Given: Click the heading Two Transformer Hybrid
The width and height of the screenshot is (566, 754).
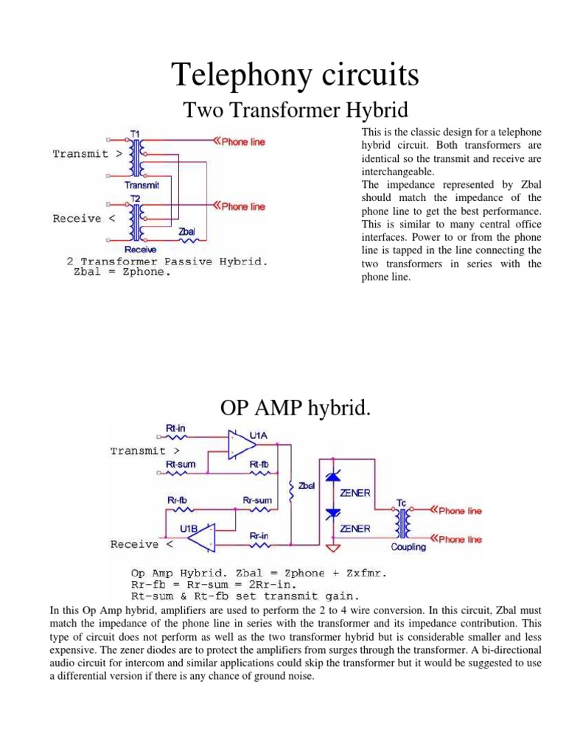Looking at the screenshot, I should click(x=295, y=111).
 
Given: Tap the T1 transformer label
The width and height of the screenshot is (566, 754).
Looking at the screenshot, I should click(x=136, y=133).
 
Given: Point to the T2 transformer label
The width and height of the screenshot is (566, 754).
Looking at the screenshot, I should click(x=136, y=199).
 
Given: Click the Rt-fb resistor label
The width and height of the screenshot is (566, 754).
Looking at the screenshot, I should click(x=259, y=464).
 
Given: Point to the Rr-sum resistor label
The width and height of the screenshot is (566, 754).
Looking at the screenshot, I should click(x=257, y=500).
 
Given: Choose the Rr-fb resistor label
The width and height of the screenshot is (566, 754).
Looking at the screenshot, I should click(x=178, y=500).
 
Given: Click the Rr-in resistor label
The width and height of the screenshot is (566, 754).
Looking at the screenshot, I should click(x=259, y=535).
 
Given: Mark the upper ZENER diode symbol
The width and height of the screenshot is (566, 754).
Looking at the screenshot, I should click(x=332, y=478).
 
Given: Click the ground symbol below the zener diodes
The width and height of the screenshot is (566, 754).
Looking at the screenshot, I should click(x=332, y=549).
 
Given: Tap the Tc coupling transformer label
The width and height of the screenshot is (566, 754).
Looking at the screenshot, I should click(x=402, y=503).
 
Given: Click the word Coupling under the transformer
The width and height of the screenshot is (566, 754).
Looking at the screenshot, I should click(x=408, y=547).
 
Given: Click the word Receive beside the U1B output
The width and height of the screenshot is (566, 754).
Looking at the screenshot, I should click(x=135, y=545).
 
